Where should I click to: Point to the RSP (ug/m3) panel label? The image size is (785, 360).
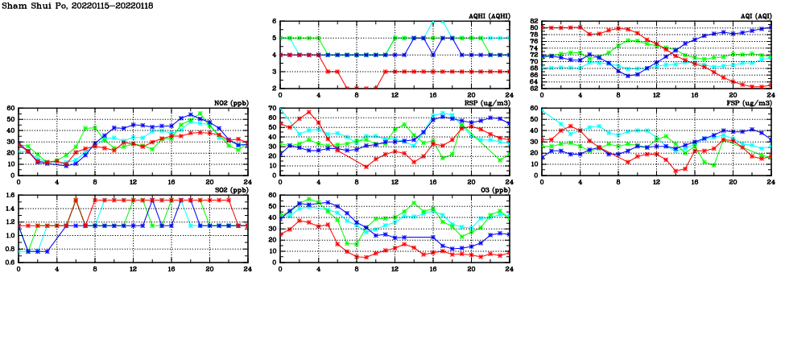click(x=486, y=103)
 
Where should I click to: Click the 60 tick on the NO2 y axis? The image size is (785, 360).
click(x=10, y=108)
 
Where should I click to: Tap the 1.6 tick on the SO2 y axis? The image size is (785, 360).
click(x=9, y=195)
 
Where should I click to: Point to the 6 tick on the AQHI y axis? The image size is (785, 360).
click(x=274, y=21)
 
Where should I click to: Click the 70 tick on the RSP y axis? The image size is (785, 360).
click(x=272, y=108)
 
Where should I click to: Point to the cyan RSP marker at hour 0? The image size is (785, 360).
click(x=280, y=111)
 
